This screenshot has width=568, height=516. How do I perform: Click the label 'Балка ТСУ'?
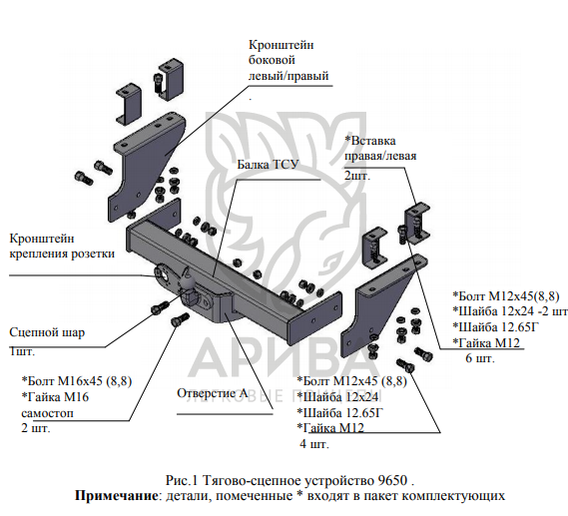268,165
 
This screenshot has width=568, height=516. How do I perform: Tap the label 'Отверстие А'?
213,393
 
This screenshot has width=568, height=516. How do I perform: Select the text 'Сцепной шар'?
47,332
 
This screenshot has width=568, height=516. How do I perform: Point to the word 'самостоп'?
47,413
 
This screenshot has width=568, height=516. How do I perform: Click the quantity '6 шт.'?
480,358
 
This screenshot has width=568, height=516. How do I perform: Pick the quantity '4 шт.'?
314,444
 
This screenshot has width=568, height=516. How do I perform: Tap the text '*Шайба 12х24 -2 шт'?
510,311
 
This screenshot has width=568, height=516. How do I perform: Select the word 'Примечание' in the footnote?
116,495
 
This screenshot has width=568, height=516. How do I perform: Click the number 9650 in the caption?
392,480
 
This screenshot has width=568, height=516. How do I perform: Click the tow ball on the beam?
189,280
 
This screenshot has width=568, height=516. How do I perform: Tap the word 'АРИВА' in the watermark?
279,356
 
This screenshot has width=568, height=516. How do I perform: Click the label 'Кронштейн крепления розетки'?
62,247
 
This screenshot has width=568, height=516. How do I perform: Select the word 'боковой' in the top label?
272,60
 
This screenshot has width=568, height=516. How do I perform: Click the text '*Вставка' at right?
370,141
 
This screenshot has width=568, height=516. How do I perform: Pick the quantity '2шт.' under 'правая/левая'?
357,176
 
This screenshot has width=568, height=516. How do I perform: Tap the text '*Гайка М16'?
55,397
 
